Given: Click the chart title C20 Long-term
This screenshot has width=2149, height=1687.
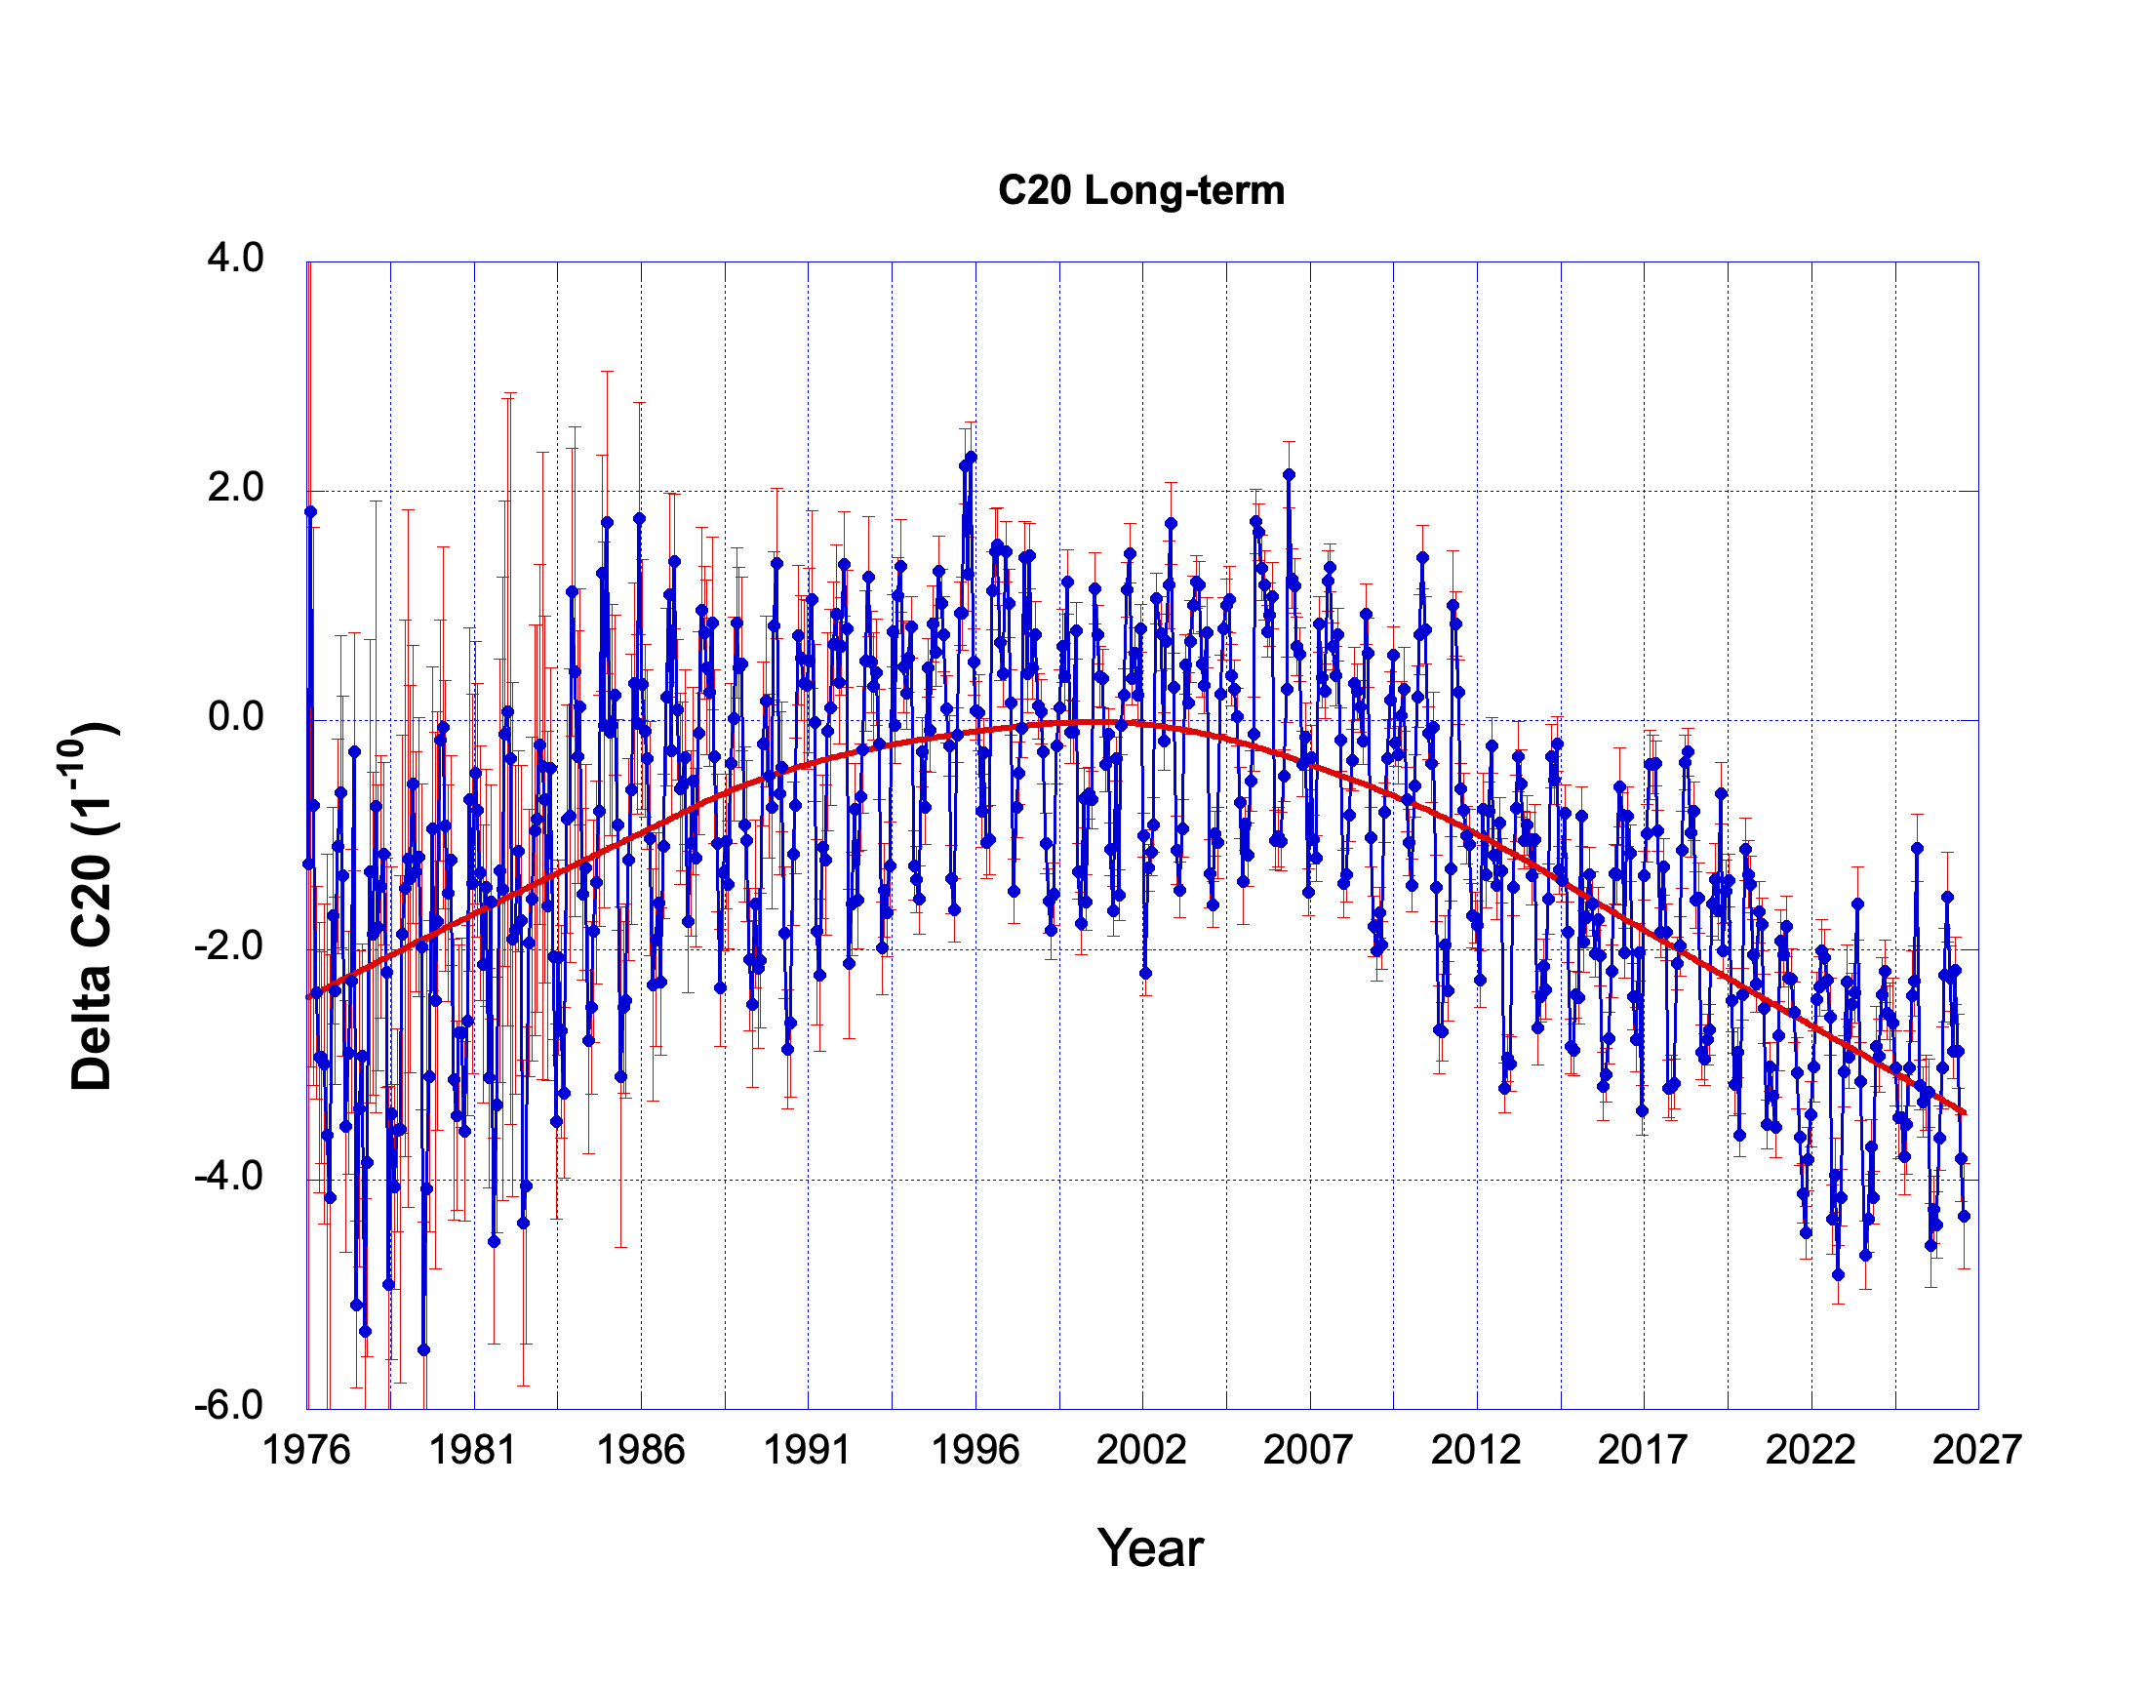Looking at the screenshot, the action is [x=1140, y=189].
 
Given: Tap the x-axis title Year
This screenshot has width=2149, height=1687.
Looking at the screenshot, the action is [x=1150, y=1548].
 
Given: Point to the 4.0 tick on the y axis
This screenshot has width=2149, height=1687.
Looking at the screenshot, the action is [x=235, y=258].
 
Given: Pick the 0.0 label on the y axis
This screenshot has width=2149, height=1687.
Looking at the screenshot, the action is [x=235, y=716].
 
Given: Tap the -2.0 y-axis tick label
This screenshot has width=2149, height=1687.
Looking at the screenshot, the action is [x=228, y=946].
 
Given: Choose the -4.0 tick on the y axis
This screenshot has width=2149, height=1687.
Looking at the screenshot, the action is [x=228, y=1176].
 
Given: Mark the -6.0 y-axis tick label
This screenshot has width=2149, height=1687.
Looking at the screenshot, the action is [x=228, y=1404].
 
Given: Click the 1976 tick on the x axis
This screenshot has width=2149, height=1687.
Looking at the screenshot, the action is [x=306, y=1450].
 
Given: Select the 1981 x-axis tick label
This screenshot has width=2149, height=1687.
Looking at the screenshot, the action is [x=473, y=1450].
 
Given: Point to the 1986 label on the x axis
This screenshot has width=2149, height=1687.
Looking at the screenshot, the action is [x=641, y=1450].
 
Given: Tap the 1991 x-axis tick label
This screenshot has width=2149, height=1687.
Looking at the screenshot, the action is [x=808, y=1450].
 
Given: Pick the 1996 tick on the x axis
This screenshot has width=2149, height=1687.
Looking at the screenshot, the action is [x=975, y=1450].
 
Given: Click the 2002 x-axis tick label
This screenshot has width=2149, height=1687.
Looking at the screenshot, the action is [x=1141, y=1450].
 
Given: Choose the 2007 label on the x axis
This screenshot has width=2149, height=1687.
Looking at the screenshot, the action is [x=1309, y=1450].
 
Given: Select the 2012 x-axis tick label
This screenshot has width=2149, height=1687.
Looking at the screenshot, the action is [x=1477, y=1450].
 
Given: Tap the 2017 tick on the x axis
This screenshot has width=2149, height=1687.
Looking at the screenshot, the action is [x=1644, y=1450].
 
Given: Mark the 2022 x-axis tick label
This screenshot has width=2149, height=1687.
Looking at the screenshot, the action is [x=1811, y=1450].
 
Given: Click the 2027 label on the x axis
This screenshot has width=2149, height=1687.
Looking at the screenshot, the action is [x=1978, y=1450].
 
